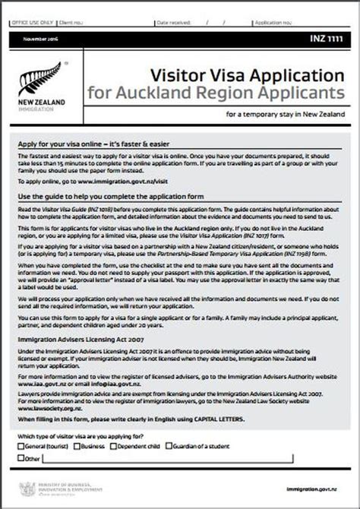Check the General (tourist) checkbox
pos(21,447)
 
